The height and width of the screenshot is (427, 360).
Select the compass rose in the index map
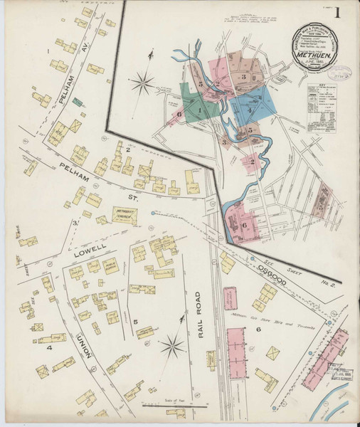142,82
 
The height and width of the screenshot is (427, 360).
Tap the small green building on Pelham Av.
77,102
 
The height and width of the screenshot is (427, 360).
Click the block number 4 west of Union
49,348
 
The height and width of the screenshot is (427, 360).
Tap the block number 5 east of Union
135,322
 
